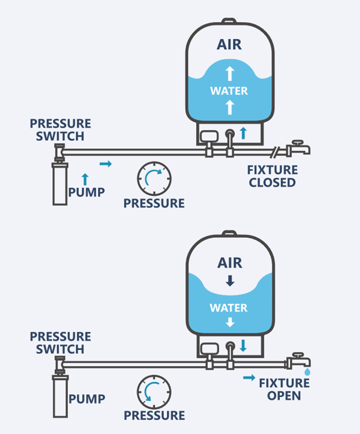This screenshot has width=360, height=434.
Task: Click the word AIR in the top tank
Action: click(229, 44)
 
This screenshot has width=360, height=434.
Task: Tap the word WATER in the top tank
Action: click(229, 91)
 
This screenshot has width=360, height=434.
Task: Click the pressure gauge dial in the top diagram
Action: click(154, 178)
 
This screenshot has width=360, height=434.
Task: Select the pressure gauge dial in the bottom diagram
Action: click(154, 392)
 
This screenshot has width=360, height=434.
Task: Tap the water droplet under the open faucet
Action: click(307, 372)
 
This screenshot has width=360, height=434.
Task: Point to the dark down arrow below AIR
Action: click(230, 280)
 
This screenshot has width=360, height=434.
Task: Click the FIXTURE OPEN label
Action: click(284, 390)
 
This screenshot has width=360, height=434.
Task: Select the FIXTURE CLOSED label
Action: click(272, 176)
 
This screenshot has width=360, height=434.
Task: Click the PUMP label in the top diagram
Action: click(87, 192)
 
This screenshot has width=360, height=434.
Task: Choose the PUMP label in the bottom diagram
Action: click(87, 399)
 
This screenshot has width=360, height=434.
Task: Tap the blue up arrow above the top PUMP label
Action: click(85, 179)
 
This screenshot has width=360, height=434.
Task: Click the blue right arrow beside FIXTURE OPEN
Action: click(249, 377)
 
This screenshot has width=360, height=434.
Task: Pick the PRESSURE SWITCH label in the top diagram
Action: click(61, 130)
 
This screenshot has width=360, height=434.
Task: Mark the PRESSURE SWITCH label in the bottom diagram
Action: click(61, 343)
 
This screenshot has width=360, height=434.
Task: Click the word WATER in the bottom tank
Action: click(228, 308)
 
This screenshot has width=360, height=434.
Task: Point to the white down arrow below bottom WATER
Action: click(230, 322)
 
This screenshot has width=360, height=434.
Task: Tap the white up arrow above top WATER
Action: click(230, 73)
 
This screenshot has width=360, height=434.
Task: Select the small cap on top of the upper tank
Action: click(229, 21)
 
